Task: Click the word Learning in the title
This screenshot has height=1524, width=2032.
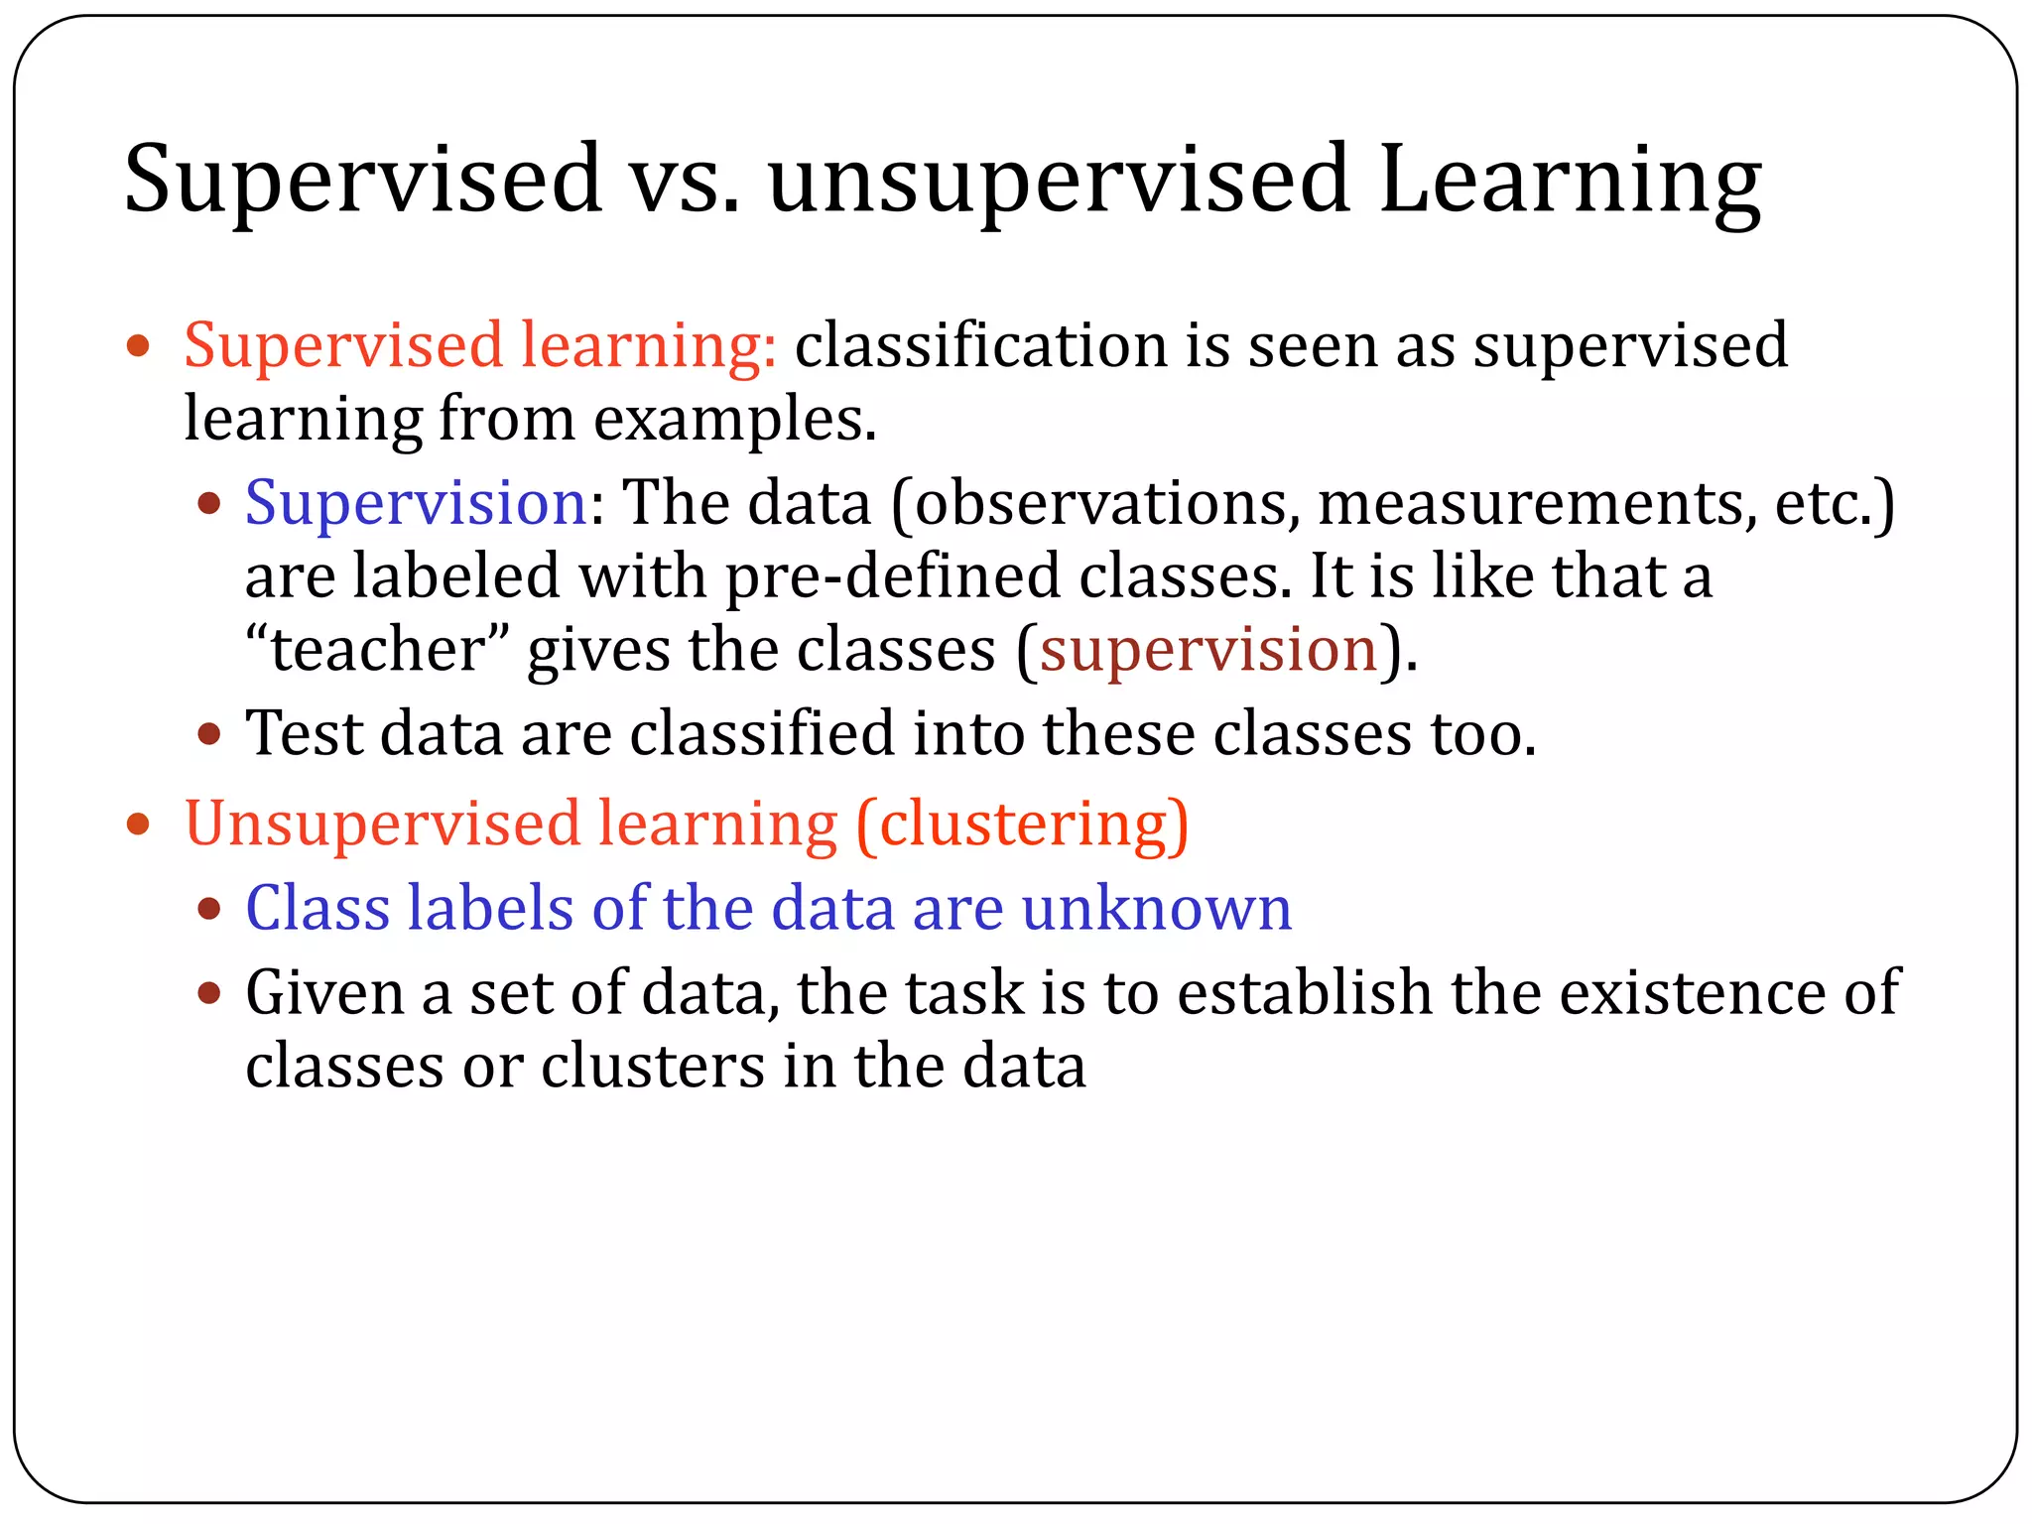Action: pos(1569,181)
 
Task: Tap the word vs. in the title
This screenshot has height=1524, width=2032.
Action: pos(685,181)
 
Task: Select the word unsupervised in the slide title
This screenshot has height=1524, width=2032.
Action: pos(1058,181)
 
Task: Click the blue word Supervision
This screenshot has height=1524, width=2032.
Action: pos(416,503)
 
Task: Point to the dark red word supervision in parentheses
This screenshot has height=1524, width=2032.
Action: pos(1208,651)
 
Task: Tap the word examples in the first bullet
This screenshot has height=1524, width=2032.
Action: pos(734,419)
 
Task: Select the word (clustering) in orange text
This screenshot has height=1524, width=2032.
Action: pos(1021,825)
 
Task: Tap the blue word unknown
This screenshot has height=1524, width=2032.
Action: pos(1156,908)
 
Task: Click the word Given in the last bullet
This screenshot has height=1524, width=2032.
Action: pos(324,992)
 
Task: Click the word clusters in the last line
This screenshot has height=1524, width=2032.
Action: pos(652,1067)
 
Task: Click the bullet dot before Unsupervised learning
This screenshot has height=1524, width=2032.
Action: pos(138,824)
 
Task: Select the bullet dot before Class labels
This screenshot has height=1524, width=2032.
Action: pos(208,908)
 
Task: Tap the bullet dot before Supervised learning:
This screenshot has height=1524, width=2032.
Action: pos(138,346)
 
